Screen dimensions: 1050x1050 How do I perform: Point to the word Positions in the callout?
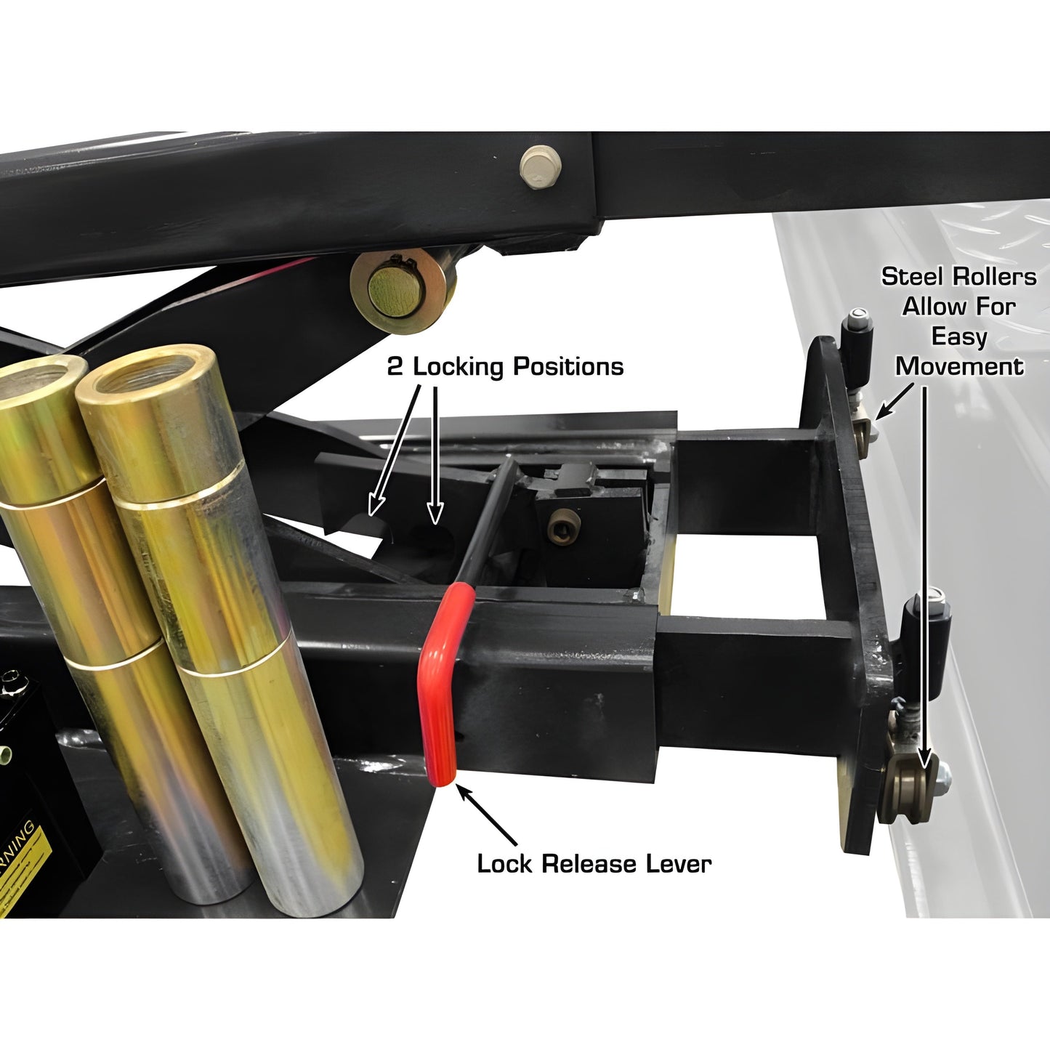[568, 367]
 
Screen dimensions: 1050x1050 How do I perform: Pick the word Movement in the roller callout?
[959, 366]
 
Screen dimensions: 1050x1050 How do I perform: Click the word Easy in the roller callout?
[959, 336]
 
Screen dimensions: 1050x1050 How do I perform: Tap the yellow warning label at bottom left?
[29, 865]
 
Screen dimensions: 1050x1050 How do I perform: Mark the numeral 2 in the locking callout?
[395, 367]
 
